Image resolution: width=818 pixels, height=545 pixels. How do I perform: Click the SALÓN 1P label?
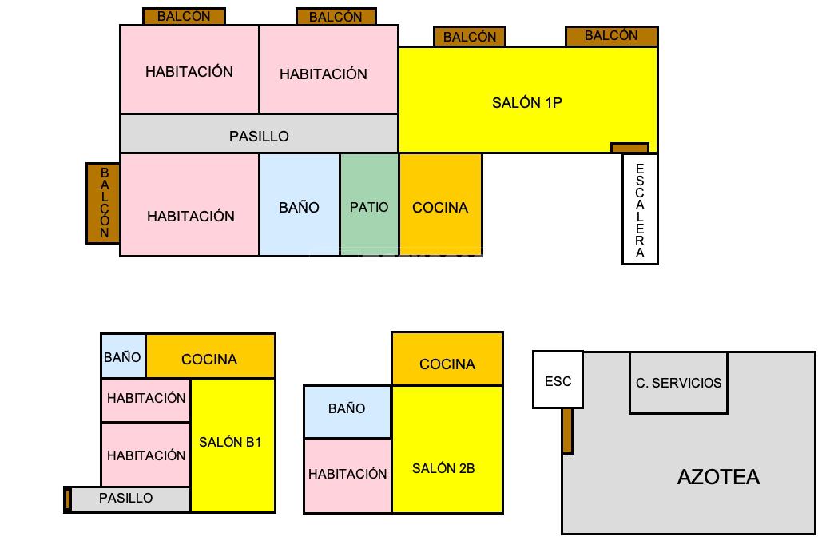(x=526, y=103)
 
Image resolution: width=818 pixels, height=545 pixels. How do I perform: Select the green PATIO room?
(x=369, y=207)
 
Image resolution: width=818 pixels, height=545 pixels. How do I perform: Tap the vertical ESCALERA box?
(x=640, y=210)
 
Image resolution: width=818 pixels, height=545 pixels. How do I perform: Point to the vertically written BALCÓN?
(x=104, y=203)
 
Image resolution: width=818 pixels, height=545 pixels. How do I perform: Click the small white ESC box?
(x=558, y=380)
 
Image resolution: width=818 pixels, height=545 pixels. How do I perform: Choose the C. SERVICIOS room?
(x=678, y=383)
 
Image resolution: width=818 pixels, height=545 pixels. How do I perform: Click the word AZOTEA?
(x=718, y=477)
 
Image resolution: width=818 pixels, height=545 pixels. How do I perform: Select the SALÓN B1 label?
(x=230, y=442)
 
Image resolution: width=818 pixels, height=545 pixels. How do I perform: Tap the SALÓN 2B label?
(x=443, y=468)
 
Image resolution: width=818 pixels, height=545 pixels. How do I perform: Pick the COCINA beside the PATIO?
(x=440, y=207)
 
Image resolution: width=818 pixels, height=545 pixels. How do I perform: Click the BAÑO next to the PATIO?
(x=299, y=207)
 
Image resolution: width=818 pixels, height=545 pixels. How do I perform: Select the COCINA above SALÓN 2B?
(x=447, y=364)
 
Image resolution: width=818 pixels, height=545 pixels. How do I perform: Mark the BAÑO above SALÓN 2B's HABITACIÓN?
(x=347, y=408)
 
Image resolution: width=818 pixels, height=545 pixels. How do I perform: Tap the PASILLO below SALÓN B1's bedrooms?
(x=126, y=498)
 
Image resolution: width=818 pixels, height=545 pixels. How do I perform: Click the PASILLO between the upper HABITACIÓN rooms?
(x=259, y=136)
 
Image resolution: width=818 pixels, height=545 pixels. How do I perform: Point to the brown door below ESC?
(x=567, y=430)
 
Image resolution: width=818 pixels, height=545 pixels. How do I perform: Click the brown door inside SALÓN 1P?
(x=629, y=148)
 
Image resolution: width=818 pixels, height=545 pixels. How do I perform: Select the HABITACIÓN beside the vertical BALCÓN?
(x=190, y=216)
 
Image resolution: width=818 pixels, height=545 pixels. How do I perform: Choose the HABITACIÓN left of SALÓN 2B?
(x=347, y=474)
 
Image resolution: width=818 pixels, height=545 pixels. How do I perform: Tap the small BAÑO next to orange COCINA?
(x=122, y=357)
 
